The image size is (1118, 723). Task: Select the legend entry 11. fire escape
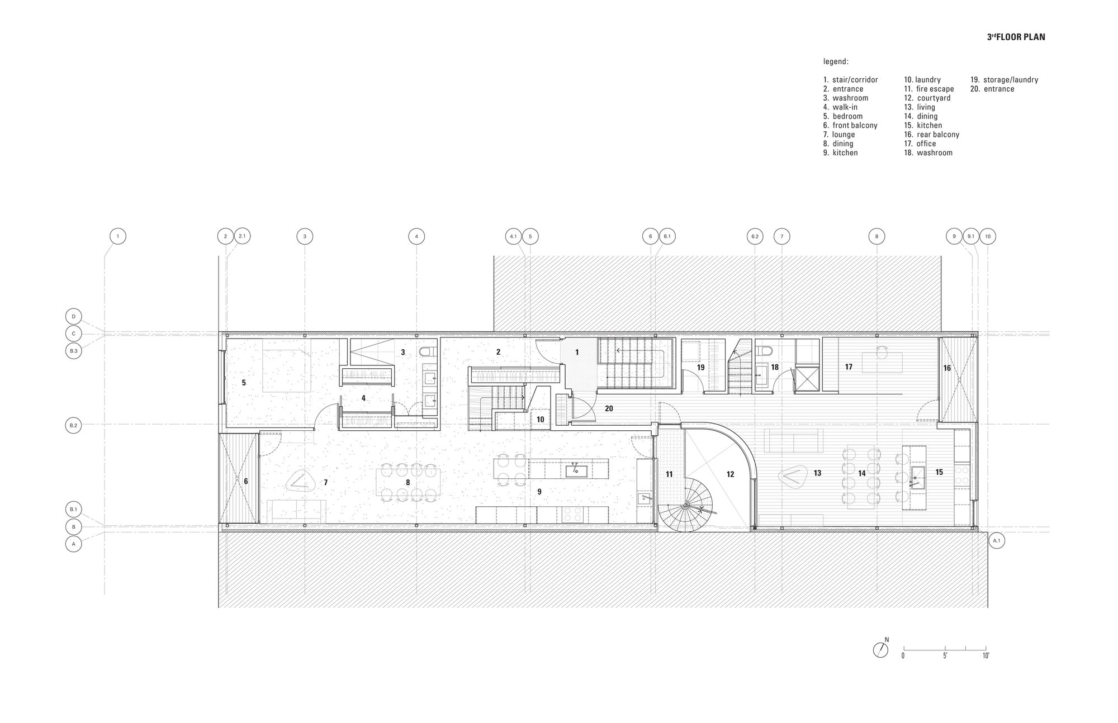(928, 89)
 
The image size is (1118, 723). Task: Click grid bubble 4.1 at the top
(513, 236)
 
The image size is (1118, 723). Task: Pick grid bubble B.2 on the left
(73, 425)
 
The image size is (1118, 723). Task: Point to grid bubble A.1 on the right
(997, 540)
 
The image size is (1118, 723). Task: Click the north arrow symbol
(880, 650)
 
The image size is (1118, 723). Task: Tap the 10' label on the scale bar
(986, 656)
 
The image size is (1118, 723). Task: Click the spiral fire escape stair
(685, 506)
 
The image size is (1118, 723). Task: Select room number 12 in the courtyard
(730, 474)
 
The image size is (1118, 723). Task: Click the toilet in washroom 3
(427, 352)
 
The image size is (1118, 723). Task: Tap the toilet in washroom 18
(764, 351)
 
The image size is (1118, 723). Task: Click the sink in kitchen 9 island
(576, 471)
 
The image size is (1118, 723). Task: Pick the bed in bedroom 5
(286, 370)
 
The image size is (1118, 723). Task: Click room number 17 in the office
(849, 367)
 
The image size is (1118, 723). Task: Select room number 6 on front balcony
(245, 481)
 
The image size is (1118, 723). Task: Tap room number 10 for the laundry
(540, 419)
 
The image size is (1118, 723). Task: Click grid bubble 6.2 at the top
(755, 236)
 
